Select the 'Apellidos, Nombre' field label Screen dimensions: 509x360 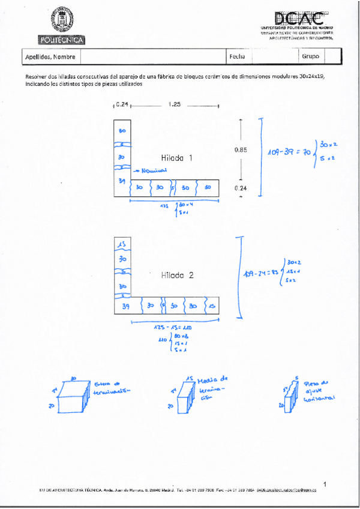coord(50,57)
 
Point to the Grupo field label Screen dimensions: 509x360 coord(311,57)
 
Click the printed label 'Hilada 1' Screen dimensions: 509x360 coord(176,158)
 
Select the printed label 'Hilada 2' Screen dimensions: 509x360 coord(176,276)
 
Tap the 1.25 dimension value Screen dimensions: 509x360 coord(175,104)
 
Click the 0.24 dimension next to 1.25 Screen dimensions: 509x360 coord(122,104)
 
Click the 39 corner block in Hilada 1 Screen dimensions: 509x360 coord(122,181)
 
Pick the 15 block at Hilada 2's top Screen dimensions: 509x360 coord(122,244)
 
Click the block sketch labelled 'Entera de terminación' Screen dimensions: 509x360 coord(73,394)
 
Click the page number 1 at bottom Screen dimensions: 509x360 coord(324,483)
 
